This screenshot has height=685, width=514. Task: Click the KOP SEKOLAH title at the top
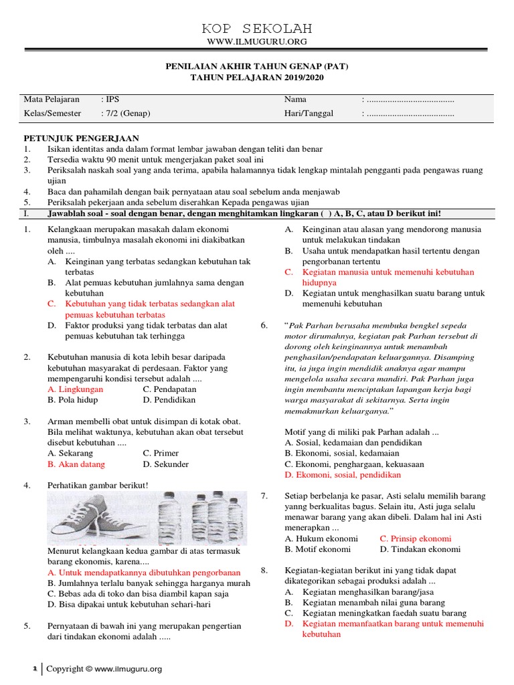click(x=257, y=29)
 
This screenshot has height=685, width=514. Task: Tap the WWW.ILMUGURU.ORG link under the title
click(x=257, y=42)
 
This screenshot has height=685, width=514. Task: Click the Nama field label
click(x=295, y=100)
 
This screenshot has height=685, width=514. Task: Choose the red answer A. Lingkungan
click(x=76, y=389)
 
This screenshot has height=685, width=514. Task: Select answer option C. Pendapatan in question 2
click(x=169, y=389)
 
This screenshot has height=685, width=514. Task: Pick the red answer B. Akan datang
click(x=76, y=464)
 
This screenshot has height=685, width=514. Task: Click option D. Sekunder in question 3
click(x=166, y=464)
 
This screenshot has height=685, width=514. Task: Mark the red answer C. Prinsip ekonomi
click(x=416, y=539)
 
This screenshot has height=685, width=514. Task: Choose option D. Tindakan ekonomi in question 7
click(x=420, y=549)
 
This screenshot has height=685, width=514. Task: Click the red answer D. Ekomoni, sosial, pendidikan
click(x=343, y=475)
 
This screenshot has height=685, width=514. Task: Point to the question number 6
click(x=264, y=325)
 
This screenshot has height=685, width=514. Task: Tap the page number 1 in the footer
click(x=35, y=668)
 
